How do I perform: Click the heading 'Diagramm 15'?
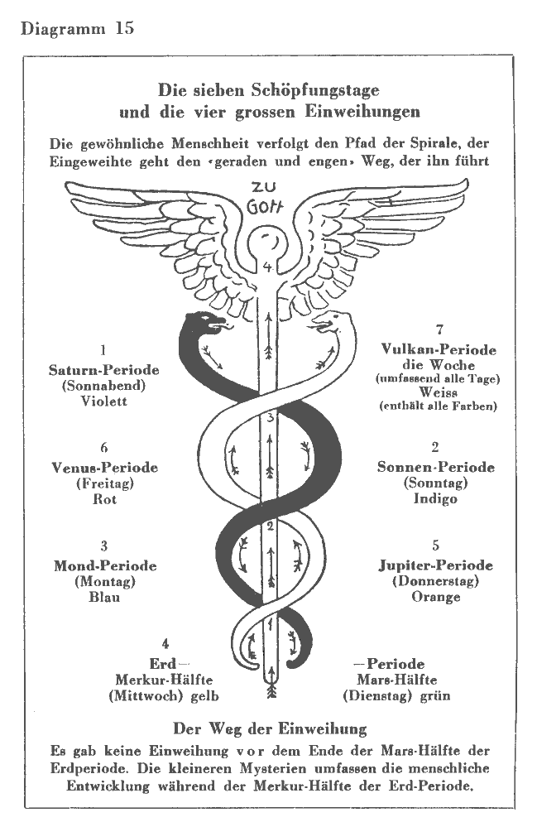[x=74, y=28]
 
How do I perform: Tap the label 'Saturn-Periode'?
[x=103, y=369]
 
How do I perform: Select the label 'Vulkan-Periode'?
[x=439, y=350]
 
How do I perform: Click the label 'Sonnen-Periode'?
[x=435, y=468]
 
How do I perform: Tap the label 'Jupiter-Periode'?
[x=435, y=566]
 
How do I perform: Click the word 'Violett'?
[x=103, y=401]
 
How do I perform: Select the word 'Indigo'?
[x=435, y=499]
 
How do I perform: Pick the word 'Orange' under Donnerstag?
[x=435, y=597]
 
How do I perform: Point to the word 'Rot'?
[x=104, y=499]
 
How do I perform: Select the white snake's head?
[x=334, y=320]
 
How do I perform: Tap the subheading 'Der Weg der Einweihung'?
[x=269, y=729]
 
